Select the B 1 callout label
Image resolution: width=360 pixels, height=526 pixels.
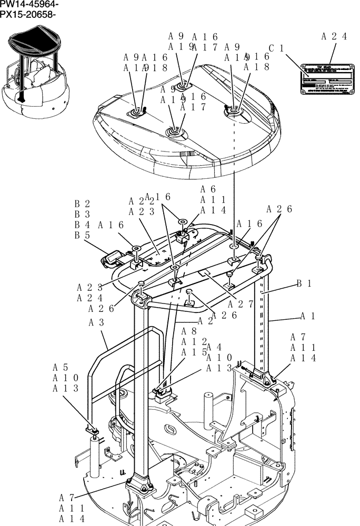click(x=304, y=284)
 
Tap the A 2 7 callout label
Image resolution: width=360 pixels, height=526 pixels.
click(x=241, y=304)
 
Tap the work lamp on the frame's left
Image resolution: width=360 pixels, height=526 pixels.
click(x=110, y=259)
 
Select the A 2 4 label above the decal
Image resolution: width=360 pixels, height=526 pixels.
click(x=334, y=36)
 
